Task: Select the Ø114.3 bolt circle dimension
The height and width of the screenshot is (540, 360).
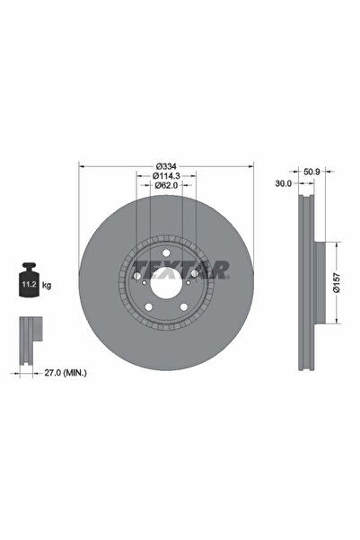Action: pos(167,175)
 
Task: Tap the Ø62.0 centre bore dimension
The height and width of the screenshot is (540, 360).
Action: pos(167,185)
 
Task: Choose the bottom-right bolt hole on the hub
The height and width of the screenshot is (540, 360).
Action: pos(184,310)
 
